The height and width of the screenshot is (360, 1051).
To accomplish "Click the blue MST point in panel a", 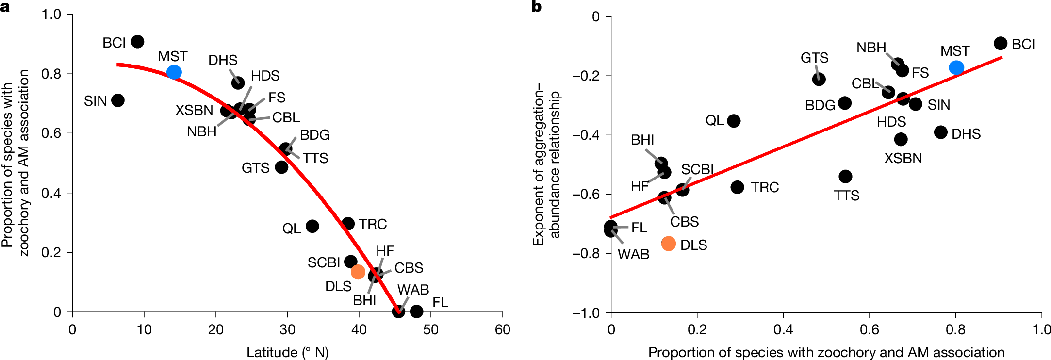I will click(x=174, y=72).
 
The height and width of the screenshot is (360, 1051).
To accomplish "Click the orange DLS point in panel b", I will click(x=668, y=244).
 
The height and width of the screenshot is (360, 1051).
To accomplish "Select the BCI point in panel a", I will click(x=137, y=42).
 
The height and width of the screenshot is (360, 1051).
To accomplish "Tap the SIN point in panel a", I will click(x=117, y=100).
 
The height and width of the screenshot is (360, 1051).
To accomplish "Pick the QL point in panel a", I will click(x=312, y=226).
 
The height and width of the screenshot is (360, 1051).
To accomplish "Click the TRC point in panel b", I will click(x=737, y=187).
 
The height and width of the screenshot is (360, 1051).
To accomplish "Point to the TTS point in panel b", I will click(x=845, y=176).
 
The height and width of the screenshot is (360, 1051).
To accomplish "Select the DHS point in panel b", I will click(x=940, y=132).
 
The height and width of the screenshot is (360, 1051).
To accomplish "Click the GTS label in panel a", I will click(x=255, y=168).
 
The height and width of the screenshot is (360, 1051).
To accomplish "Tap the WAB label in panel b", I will click(x=633, y=254).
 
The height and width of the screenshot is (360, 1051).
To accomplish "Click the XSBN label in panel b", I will click(x=903, y=158).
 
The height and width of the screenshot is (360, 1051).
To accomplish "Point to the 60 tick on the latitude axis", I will click(x=502, y=330).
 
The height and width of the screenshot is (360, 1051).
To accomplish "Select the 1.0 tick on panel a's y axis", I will click(x=51, y=15).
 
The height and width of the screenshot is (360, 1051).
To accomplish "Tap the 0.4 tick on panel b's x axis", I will click(x=783, y=330).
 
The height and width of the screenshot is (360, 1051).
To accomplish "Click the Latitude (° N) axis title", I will click(x=287, y=352).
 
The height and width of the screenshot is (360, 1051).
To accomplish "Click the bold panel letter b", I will click(x=537, y=7).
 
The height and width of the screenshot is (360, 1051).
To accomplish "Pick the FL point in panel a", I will click(x=416, y=311).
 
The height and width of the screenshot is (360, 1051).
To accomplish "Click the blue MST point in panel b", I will click(x=956, y=67).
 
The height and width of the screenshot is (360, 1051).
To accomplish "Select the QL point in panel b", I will click(x=734, y=121).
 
